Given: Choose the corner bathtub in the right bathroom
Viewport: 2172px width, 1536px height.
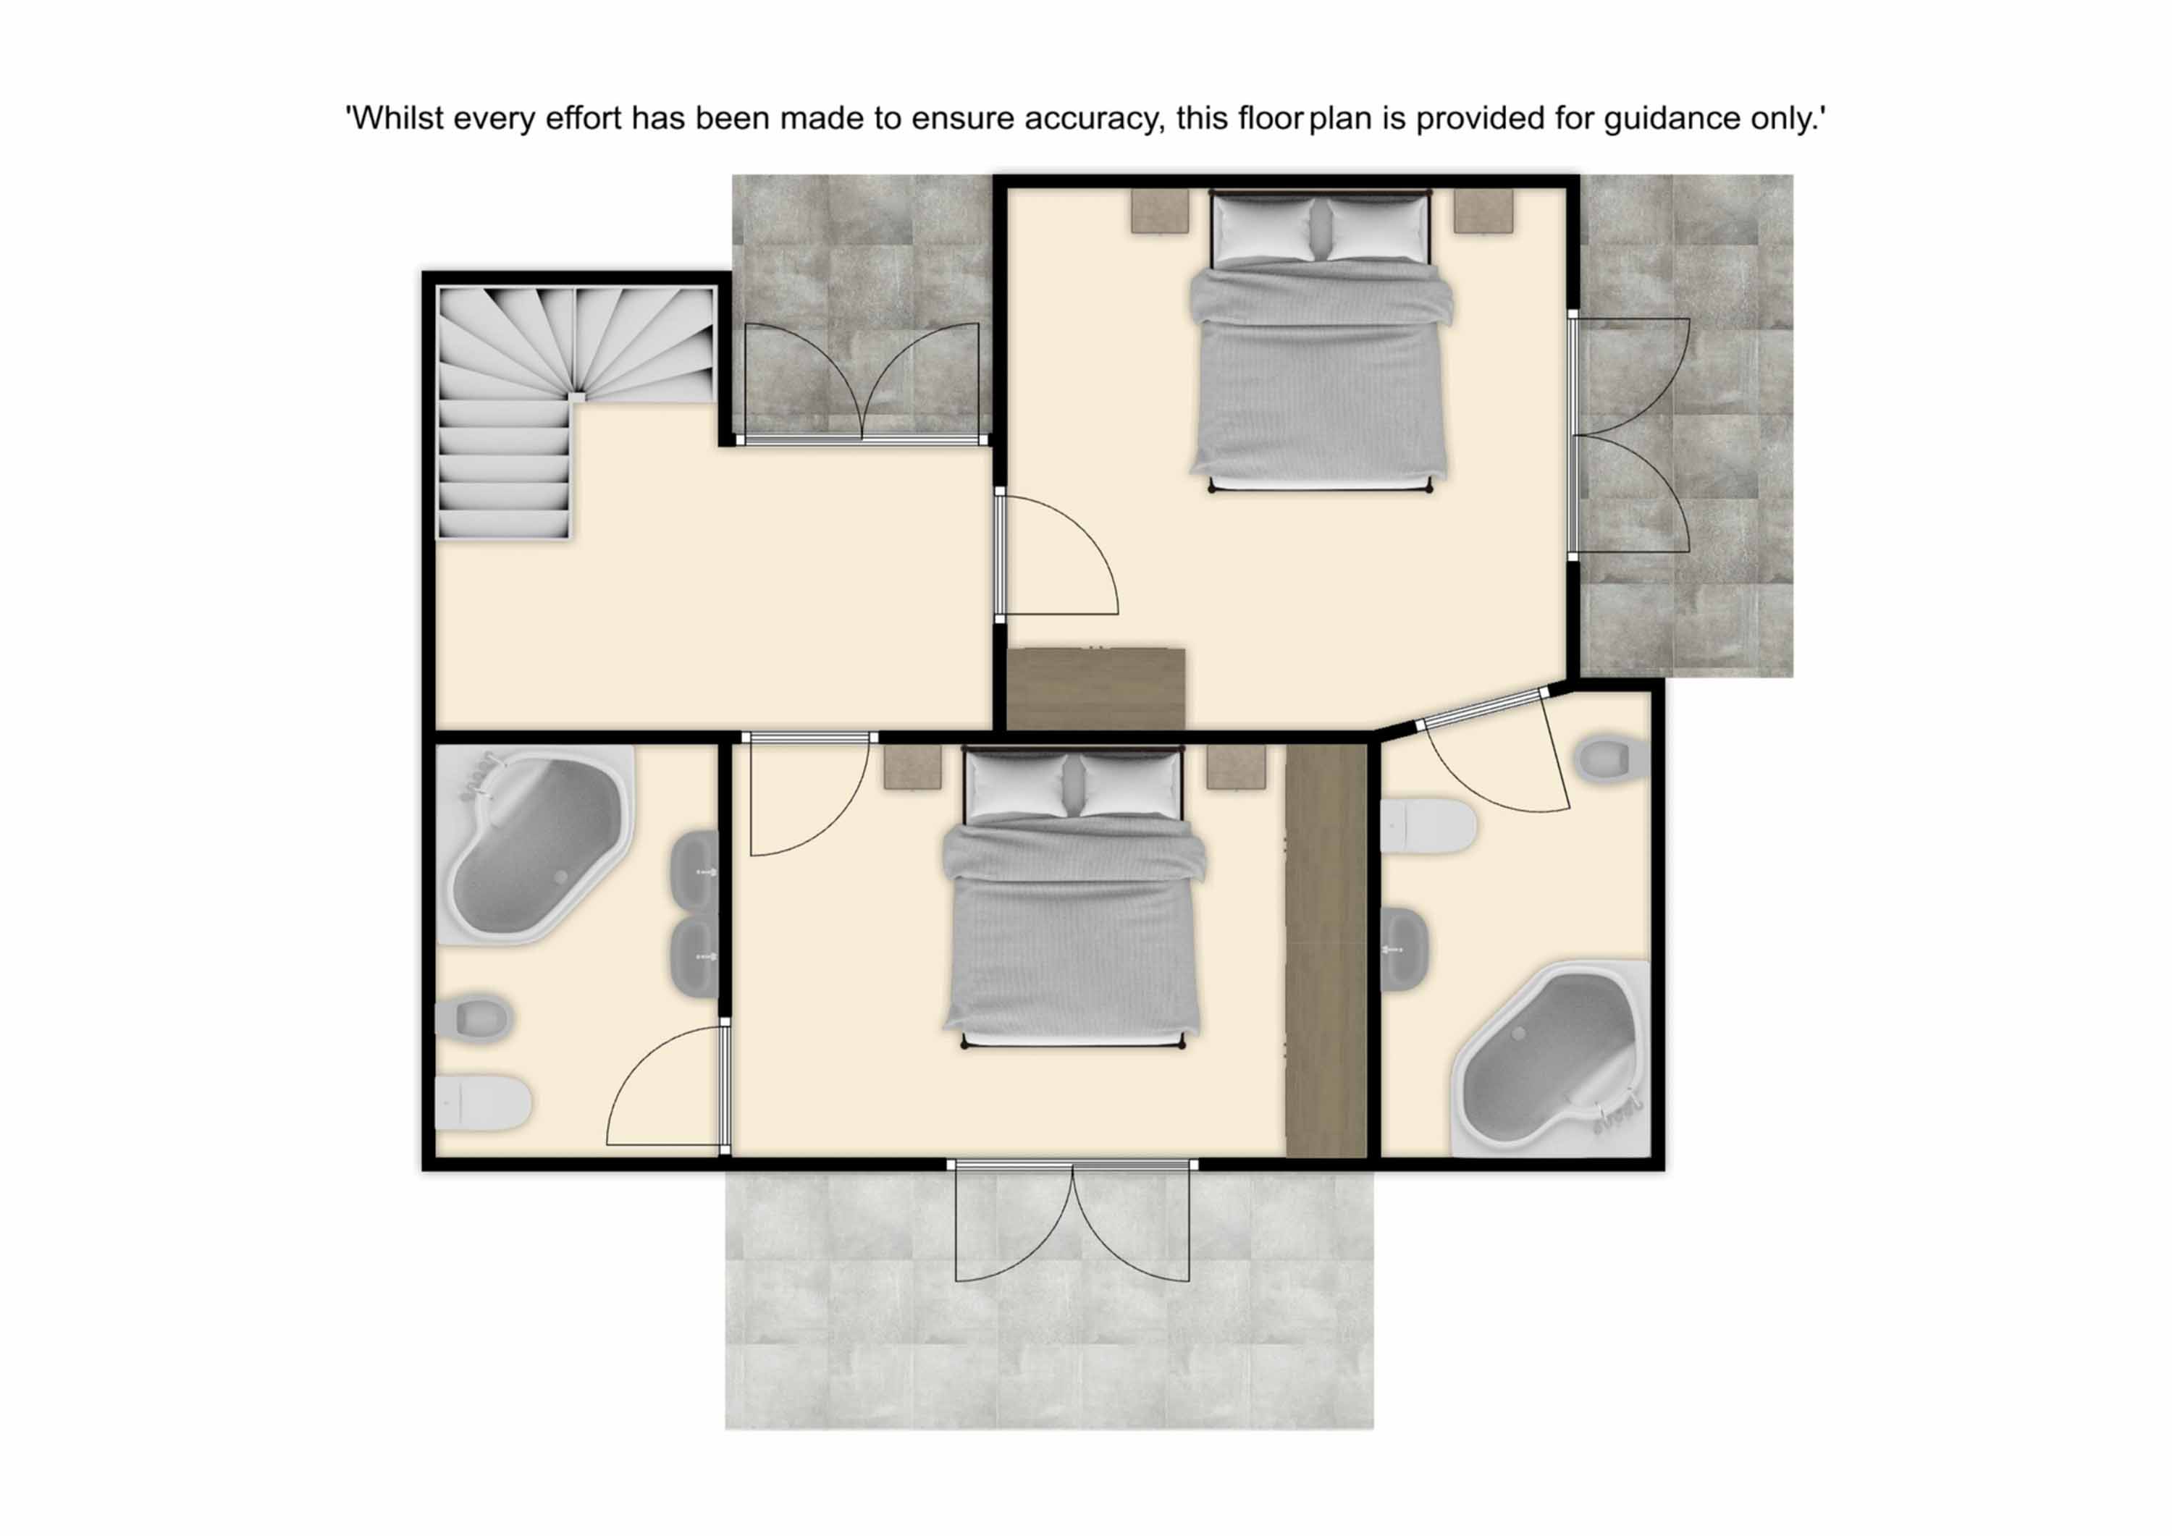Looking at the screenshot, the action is (x=1552, y=1059).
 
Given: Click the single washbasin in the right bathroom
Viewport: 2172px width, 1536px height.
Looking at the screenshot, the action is (x=1405, y=949).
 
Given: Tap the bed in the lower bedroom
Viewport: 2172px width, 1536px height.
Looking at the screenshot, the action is (x=1074, y=898).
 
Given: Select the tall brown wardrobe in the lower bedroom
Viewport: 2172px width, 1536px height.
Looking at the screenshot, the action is (x=1326, y=950).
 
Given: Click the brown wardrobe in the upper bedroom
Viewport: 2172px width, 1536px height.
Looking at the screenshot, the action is (x=1096, y=688).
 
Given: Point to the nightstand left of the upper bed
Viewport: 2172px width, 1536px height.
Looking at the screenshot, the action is (x=1160, y=210).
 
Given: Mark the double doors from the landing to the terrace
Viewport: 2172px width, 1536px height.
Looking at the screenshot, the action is (x=861, y=383).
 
